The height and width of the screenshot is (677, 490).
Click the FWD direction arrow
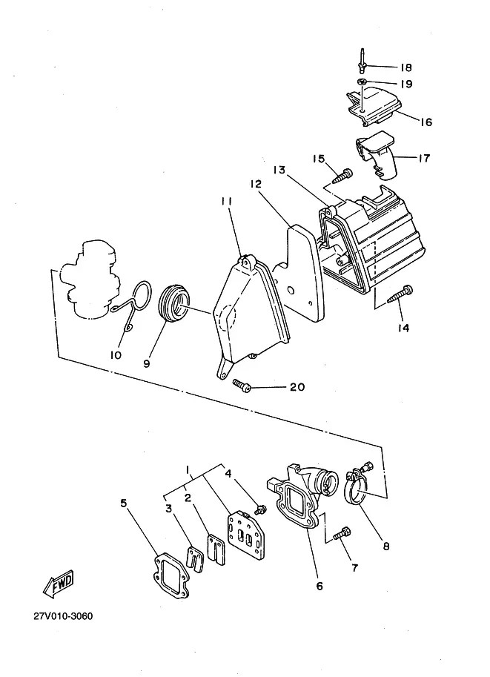click(x=59, y=584)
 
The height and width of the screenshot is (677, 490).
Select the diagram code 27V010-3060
click(x=63, y=616)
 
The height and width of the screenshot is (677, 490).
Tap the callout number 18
click(x=405, y=67)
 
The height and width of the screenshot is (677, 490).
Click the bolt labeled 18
click(x=361, y=62)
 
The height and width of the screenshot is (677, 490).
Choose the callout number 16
click(x=426, y=122)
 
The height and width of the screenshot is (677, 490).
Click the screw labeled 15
click(x=342, y=176)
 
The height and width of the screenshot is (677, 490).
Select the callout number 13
click(x=279, y=170)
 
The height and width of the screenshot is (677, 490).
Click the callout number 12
click(x=256, y=184)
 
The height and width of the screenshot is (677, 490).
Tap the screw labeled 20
click(x=242, y=386)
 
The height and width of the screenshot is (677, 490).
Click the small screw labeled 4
click(x=260, y=509)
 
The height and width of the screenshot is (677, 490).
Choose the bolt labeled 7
click(x=342, y=533)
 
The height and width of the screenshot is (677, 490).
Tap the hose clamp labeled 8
click(x=358, y=483)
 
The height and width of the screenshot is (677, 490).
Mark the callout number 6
click(x=320, y=586)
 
